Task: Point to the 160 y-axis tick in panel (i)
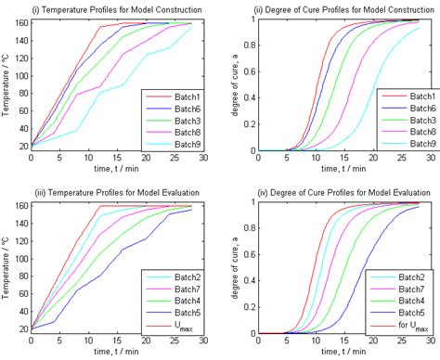pyautogui.click(x=19, y=21)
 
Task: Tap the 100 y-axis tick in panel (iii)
pyautogui.click(x=19, y=260)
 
